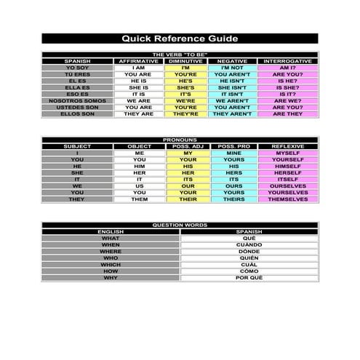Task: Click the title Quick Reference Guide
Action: pyautogui.click(x=179, y=39)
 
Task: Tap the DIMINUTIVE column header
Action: pyautogui.click(x=185, y=61)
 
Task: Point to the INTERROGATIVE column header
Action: pyautogui.click(x=287, y=61)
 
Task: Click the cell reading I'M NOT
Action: pyautogui.click(x=232, y=68)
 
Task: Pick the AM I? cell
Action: pyautogui.click(x=287, y=68)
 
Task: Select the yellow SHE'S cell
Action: pyautogui.click(x=185, y=87)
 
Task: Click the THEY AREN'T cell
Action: pyautogui.click(x=232, y=113)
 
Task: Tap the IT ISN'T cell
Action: pyautogui.click(x=232, y=94)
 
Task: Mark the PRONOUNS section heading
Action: pyautogui.click(x=179, y=140)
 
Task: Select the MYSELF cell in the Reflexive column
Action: pyautogui.click(x=287, y=153)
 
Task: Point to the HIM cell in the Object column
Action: pyautogui.click(x=140, y=166)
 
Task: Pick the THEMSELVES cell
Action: pyautogui.click(x=287, y=199)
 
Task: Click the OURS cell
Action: pyautogui.click(x=233, y=185)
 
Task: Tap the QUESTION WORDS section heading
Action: pyautogui.click(x=179, y=225)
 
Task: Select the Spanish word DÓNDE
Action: pyautogui.click(x=249, y=251)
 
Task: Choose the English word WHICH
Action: pyautogui.click(x=111, y=264)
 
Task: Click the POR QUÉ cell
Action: pyautogui.click(x=249, y=277)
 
